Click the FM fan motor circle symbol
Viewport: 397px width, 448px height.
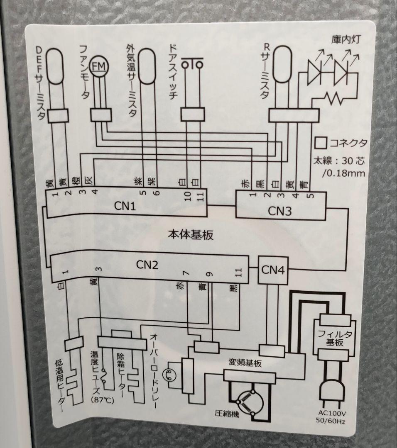(x=99, y=66)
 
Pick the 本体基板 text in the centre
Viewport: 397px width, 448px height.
(x=191, y=235)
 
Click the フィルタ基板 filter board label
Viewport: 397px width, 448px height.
(x=335, y=338)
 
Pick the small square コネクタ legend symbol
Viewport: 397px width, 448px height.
(x=320, y=142)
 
